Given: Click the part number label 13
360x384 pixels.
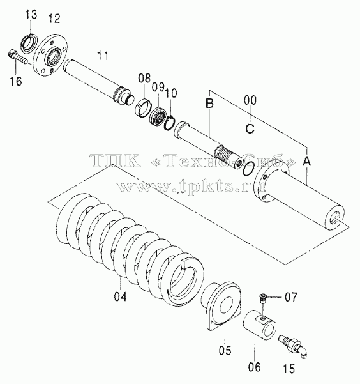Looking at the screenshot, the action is coord(31,15).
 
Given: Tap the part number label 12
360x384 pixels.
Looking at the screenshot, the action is coord(54,19).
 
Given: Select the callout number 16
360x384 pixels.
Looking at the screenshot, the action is coord(16,81).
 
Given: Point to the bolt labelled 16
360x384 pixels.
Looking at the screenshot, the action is coord(18,57).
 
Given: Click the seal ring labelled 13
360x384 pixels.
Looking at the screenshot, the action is coord(29,43).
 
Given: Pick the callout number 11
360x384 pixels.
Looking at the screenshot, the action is coord(103,56).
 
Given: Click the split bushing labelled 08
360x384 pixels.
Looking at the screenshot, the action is coord(144,107).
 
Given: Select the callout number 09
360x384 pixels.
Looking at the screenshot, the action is coord(158,87).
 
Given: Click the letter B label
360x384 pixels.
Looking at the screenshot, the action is coord(209,104).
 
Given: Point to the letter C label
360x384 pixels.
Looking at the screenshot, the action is coord(250,128).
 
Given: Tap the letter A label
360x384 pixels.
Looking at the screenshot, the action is coord(306,161).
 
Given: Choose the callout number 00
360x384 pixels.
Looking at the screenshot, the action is coord(250,100).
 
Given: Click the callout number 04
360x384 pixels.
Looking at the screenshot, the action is coord(121,296).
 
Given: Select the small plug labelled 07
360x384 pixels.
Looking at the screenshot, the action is coord(263,298).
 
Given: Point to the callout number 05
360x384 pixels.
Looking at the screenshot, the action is coord(225,350).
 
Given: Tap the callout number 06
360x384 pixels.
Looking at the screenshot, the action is coord(254,367).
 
